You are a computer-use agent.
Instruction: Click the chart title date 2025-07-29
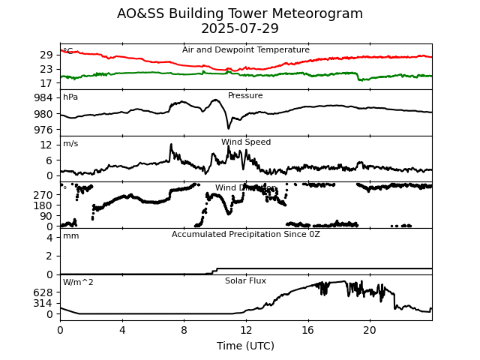click(x=240, y=29)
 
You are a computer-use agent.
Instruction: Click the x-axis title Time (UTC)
click(x=246, y=346)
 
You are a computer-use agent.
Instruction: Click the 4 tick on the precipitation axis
click(x=49, y=238)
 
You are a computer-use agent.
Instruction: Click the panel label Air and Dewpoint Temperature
click(x=246, y=50)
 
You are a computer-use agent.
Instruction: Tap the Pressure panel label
click(x=245, y=96)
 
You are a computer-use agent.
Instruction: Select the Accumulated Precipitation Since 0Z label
click(x=246, y=235)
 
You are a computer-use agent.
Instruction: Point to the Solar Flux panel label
click(x=245, y=281)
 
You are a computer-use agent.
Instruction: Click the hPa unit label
click(x=70, y=97)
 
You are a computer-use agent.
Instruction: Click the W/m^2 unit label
click(x=78, y=283)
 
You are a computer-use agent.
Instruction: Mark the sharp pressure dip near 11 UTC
click(x=228, y=127)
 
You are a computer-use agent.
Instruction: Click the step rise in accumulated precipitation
click(x=216, y=270)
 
